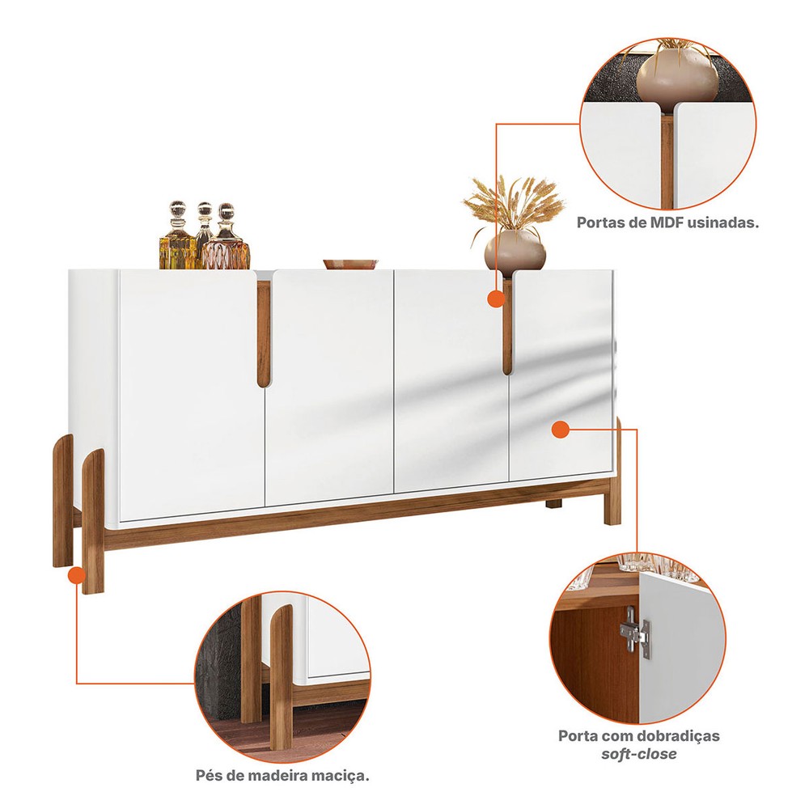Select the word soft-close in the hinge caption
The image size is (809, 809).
click(639, 754)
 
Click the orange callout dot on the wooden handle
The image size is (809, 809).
click(496, 299)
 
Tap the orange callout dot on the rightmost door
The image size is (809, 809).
click(561, 429)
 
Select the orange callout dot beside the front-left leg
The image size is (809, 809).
click(76, 574)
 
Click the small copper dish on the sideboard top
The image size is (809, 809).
click(351, 265)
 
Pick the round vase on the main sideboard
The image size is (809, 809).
click(515, 251)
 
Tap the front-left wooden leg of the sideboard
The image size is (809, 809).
click(93, 521)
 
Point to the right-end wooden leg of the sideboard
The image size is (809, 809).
click(613, 472)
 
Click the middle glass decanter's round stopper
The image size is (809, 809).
click(205, 209)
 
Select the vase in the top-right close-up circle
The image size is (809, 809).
click(676, 74)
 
